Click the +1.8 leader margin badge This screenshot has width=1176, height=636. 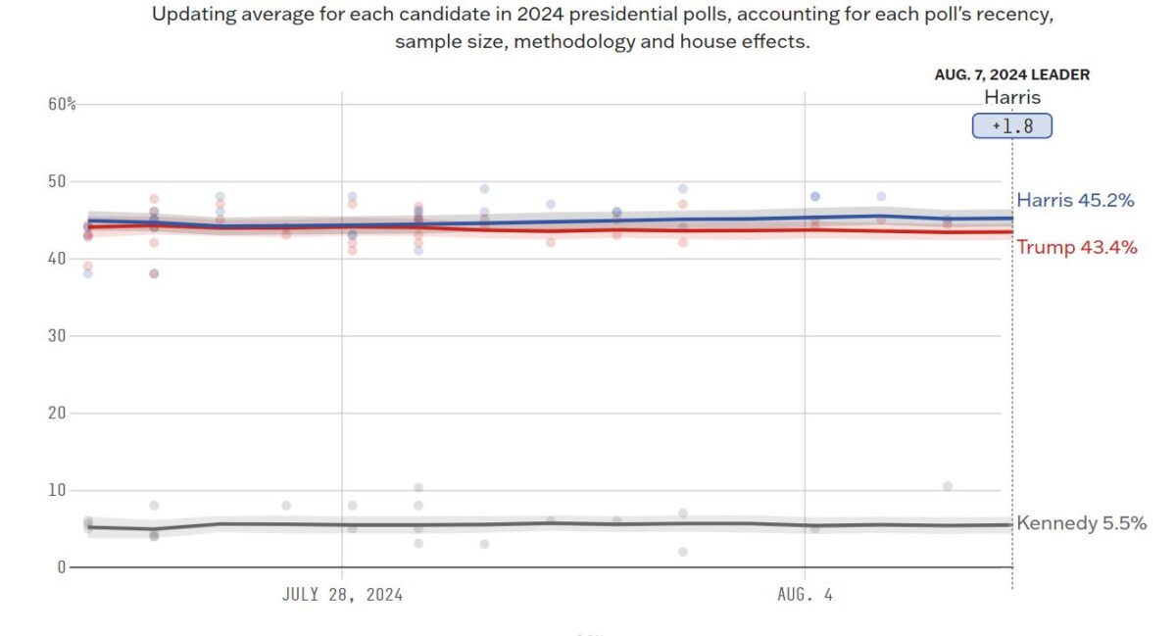click(1011, 126)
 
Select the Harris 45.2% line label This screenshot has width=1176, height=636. click(1075, 201)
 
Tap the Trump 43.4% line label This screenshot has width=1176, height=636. click(1076, 247)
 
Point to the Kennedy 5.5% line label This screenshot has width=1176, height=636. click(1081, 523)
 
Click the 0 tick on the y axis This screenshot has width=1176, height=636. click(61, 567)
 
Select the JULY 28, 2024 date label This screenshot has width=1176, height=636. click(342, 594)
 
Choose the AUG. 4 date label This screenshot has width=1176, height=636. click(805, 594)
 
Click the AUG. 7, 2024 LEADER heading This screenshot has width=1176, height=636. click(1011, 74)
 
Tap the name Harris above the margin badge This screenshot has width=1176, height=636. click(1011, 97)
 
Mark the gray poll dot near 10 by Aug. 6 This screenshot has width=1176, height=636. click(947, 486)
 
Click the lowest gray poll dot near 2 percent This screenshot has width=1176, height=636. click(683, 552)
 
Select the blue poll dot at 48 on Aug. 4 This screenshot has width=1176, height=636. click(814, 196)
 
